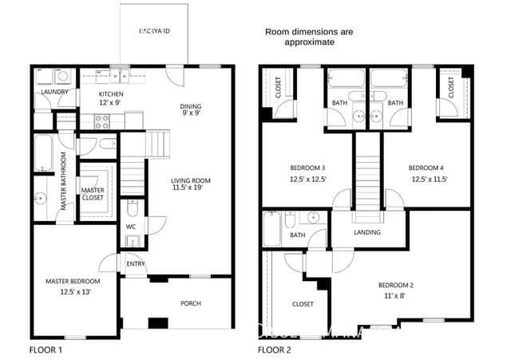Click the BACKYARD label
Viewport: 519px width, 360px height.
[154, 31]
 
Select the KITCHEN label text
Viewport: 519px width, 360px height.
[111, 93]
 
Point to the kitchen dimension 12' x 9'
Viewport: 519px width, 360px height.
[111, 103]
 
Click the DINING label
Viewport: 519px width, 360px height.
[190, 106]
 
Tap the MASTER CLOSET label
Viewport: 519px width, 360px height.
[93, 195]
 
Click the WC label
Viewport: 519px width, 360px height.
[131, 227]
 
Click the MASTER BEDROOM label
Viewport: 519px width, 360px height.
[73, 282]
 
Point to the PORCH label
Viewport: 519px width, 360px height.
[190, 303]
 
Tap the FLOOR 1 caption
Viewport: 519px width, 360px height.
[46, 350]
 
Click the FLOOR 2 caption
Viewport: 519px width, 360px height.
[274, 350]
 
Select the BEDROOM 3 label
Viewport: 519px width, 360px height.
[307, 168]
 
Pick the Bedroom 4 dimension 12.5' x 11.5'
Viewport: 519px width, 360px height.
[428, 179]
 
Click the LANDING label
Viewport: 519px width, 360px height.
[367, 232]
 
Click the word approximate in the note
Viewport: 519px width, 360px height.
[310, 43]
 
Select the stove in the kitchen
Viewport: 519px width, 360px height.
[103, 122]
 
